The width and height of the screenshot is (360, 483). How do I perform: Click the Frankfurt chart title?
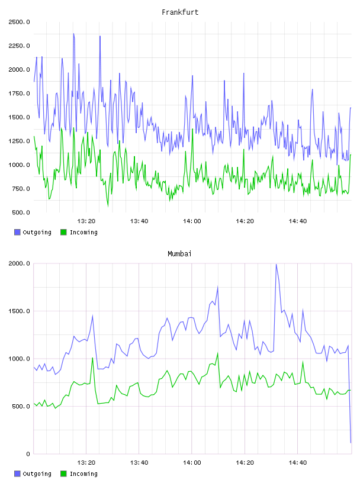(180, 12)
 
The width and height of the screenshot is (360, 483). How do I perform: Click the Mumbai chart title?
(179, 254)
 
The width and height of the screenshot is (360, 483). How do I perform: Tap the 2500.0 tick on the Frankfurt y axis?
(20, 22)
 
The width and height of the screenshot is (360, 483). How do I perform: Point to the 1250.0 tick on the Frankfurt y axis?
(20, 141)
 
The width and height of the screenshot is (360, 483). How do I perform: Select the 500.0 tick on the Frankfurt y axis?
(21, 212)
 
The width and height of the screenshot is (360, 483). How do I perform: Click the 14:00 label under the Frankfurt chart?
(192, 221)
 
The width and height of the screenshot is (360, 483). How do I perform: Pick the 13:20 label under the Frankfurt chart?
(86, 221)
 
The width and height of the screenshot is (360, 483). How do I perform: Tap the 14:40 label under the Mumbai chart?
(297, 462)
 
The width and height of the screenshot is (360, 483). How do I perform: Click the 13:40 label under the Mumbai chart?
(139, 462)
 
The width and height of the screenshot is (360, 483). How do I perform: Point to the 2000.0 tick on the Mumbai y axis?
(20, 263)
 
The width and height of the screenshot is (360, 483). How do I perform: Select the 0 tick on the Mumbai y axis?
(28, 454)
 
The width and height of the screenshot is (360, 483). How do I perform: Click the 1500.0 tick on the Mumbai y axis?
(20, 311)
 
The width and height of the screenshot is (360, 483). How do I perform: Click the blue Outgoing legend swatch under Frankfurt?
(17, 232)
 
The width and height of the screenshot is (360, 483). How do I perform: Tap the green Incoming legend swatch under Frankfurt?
(63, 232)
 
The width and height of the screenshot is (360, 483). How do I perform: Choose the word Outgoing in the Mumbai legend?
(37, 474)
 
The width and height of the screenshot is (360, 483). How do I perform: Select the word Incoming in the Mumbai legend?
(83, 474)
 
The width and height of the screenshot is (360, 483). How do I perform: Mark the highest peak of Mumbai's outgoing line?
(276, 265)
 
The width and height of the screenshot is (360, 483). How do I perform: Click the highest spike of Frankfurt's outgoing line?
(73, 34)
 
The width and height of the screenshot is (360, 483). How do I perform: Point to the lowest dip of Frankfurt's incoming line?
(108, 206)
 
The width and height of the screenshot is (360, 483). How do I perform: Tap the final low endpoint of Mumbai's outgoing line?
(351, 443)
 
